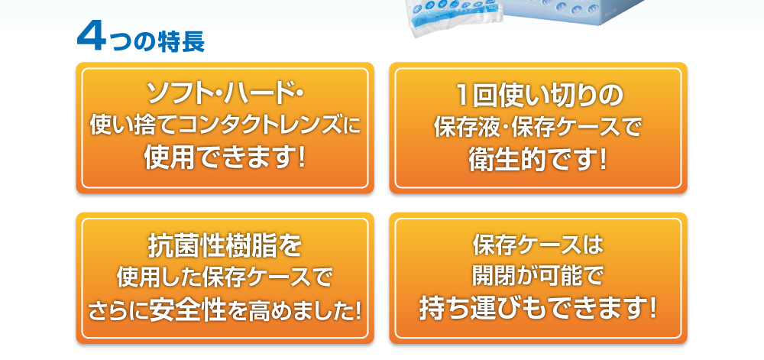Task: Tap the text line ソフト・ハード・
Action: click(x=225, y=94)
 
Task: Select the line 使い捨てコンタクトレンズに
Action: click(x=225, y=127)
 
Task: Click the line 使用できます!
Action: click(x=225, y=159)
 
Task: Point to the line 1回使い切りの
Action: click(x=539, y=95)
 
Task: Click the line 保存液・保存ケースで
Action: click(x=539, y=127)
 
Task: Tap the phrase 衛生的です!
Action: click(x=539, y=160)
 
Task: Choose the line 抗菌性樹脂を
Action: click(x=225, y=246)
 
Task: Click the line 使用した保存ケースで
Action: click(x=225, y=278)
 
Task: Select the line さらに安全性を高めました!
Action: click(x=225, y=311)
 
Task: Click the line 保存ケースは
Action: click(x=539, y=245)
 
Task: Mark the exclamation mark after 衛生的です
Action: click(x=604, y=160)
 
